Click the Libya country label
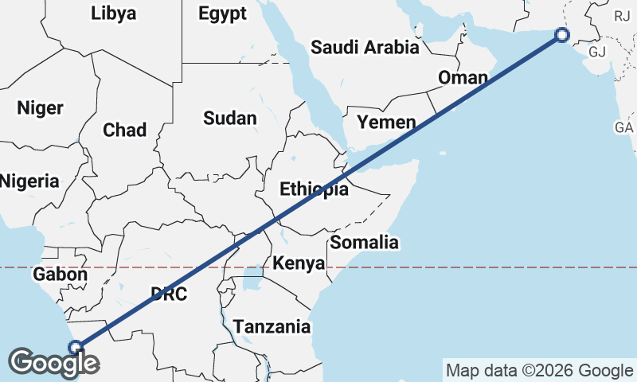coord(114,14)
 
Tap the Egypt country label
coord(222,14)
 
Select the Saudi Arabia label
coord(365,47)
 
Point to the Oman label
coord(463,78)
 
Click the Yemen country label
coord(386,123)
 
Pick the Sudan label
coord(230,119)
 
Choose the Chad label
coord(124,130)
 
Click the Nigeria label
coord(29,181)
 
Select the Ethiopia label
coord(314,189)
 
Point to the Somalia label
coord(364,242)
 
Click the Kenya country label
coord(299,263)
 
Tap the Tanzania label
coord(272,326)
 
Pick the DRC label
coord(168,294)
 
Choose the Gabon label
coord(60,275)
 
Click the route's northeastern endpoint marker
coord(562,35)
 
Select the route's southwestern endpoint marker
coord(76,347)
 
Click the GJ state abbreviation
coord(598,53)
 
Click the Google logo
coord(54,363)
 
